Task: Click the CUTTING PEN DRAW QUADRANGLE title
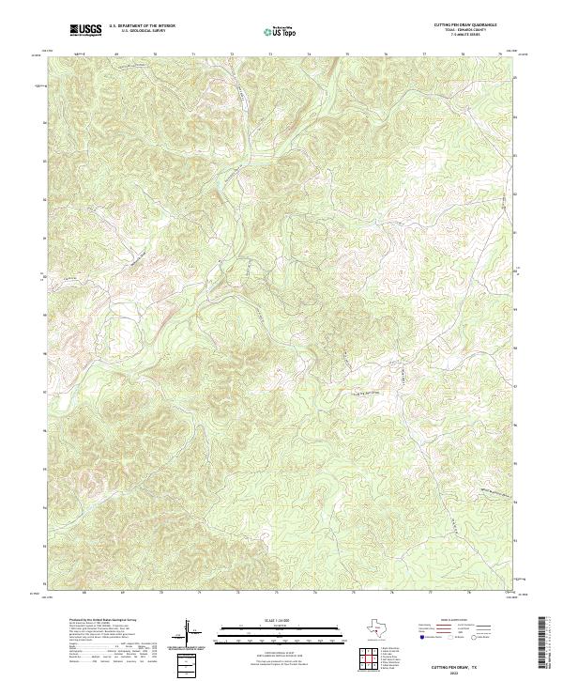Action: click(465, 25)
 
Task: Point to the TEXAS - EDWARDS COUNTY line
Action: click(465, 30)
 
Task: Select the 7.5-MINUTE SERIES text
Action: click(465, 35)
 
